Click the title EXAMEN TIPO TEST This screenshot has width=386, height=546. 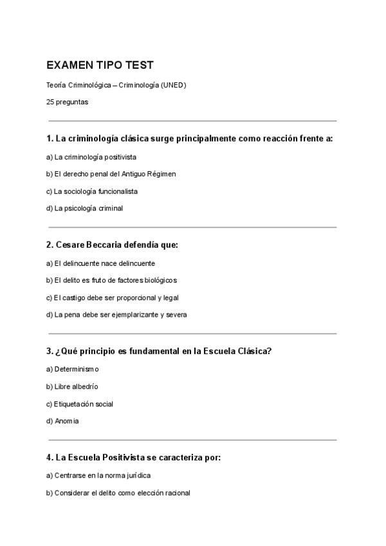pos(100,66)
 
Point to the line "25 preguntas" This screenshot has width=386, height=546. pos(68,102)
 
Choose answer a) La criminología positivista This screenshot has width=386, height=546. pos(91,156)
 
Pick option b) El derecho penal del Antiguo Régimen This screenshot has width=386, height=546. pos(111,174)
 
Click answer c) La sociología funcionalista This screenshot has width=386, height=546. pos(92,191)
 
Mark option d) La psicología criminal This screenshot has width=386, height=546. pos(84,208)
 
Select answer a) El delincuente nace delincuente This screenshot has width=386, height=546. pos(100,263)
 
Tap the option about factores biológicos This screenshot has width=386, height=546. pos(111,281)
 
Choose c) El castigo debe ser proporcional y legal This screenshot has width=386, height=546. pos(113,298)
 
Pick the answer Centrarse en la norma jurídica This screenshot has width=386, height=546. pos(98,476)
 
